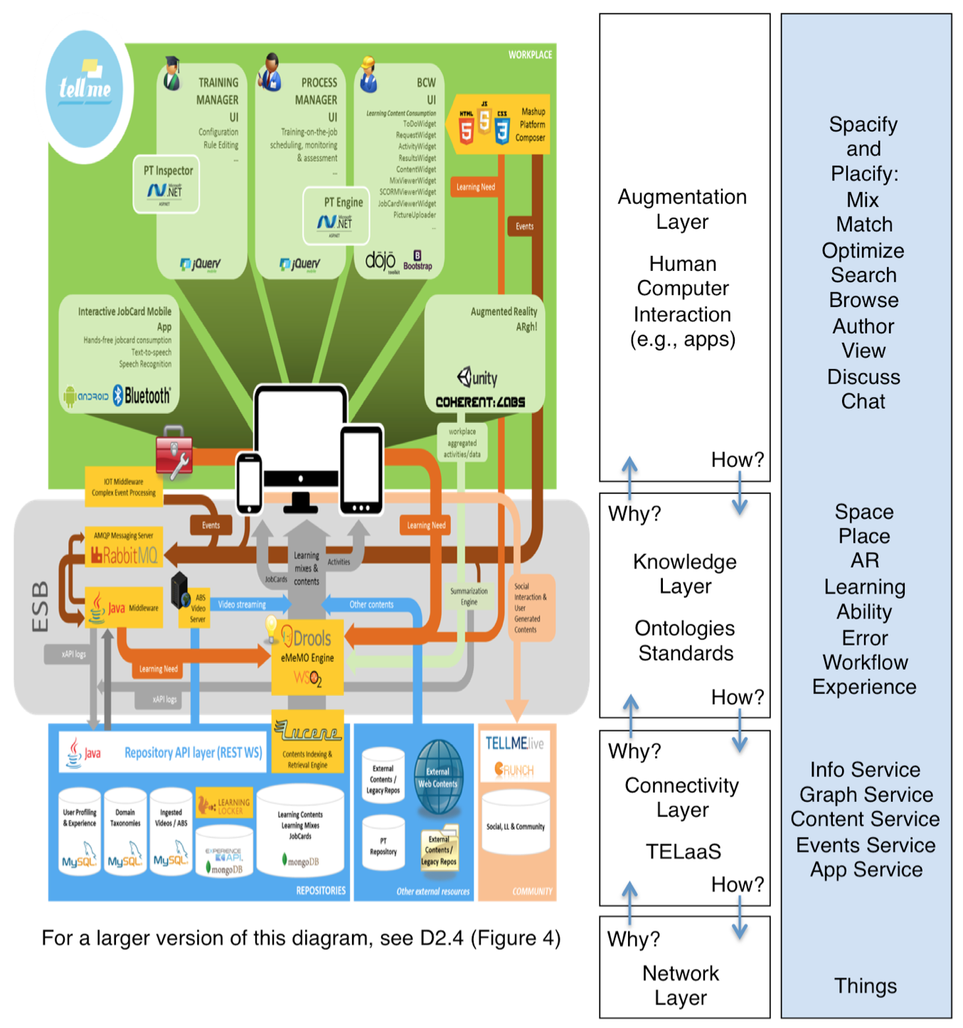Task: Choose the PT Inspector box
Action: click(x=166, y=184)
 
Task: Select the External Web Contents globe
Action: click(x=438, y=776)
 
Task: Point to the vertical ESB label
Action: click(x=41, y=606)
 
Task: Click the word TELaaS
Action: click(x=683, y=851)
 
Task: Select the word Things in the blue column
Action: click(x=865, y=985)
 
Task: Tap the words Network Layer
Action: click(x=681, y=985)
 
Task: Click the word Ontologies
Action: click(x=684, y=628)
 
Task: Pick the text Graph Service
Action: click(x=866, y=794)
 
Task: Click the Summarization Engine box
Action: click(x=469, y=596)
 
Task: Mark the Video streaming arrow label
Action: click(x=242, y=604)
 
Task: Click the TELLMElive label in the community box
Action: click(x=514, y=744)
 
